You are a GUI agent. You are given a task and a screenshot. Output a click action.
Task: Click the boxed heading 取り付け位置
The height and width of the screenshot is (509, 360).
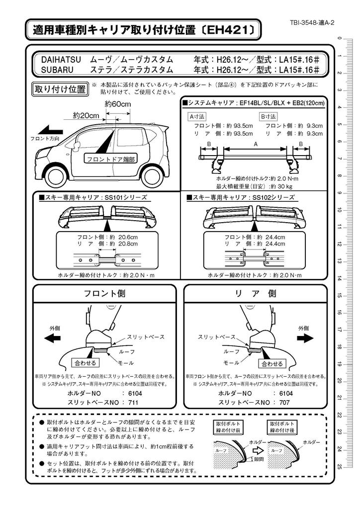pyautogui.click(x=60, y=89)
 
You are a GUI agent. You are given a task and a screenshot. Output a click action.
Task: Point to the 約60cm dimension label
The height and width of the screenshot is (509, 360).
pyautogui.click(x=117, y=104)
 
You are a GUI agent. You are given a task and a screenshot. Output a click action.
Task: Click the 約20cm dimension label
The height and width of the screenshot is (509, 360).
pyautogui.click(x=86, y=115)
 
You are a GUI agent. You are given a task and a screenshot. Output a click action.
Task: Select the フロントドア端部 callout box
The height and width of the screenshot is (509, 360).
pyautogui.click(x=110, y=160)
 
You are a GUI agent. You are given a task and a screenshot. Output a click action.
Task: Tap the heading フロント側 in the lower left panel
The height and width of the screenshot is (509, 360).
pyautogui.click(x=104, y=293)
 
